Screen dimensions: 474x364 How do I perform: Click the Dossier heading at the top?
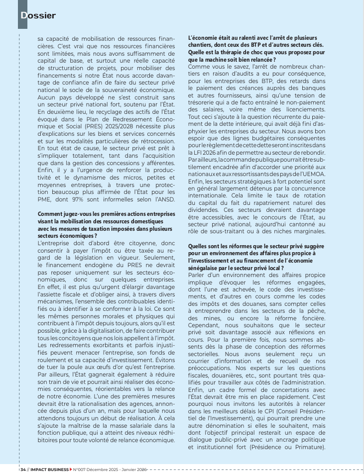point(38,15)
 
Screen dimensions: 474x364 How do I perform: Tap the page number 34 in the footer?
point(23,469)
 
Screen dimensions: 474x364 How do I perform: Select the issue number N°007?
point(80,469)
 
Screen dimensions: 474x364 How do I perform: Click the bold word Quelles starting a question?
point(200,246)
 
